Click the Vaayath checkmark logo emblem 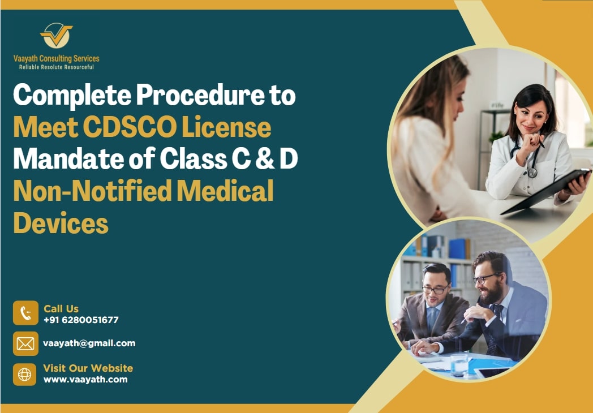[x=56, y=36]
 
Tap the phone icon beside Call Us [x=25, y=313]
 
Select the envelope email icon [x=25, y=343]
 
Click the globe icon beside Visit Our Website [x=25, y=375]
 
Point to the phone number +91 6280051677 [x=81, y=320]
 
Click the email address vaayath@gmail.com [x=89, y=343]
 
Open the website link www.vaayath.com [x=85, y=380]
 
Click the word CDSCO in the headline [x=128, y=128]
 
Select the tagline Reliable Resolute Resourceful [x=56, y=67]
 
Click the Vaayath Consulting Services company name [x=56, y=58]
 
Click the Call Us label [x=61, y=309]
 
